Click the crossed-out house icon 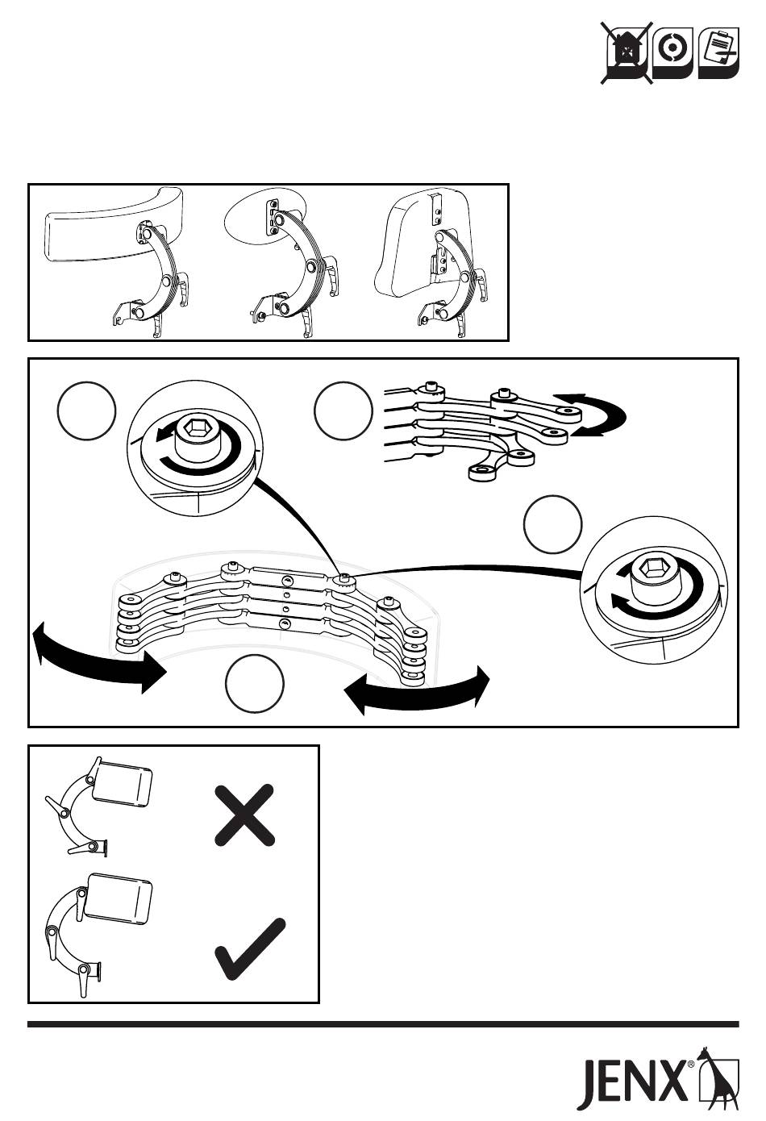pos(627,52)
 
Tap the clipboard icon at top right pos(718,53)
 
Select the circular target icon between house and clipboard pos(672,53)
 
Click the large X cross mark pos(244,815)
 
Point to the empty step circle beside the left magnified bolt pos(86,410)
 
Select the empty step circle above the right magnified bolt pos(553,524)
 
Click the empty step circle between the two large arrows pos(255,684)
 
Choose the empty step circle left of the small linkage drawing pos(343,410)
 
